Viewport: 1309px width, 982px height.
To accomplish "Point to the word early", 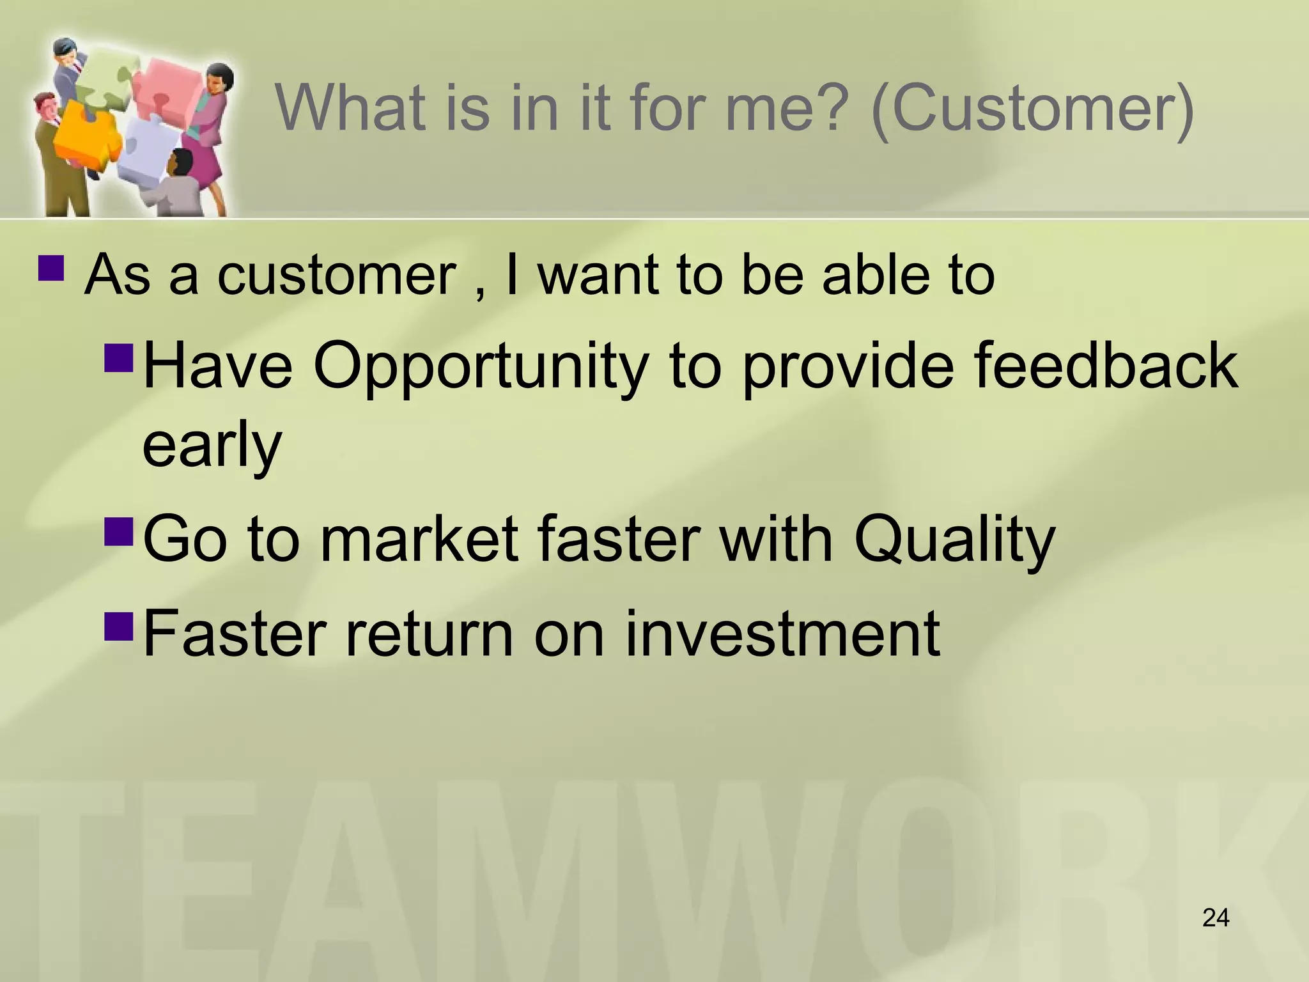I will pos(212,446).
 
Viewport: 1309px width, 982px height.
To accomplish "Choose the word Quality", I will pos(954,541).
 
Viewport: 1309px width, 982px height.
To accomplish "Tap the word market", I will pos(419,540).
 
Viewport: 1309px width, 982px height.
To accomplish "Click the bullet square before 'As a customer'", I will pos(51,269).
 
